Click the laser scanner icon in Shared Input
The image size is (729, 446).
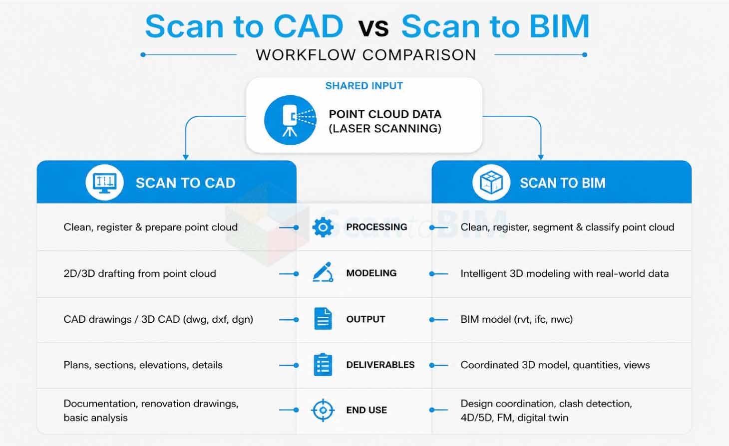(x=290, y=120)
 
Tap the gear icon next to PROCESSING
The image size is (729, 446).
(x=323, y=227)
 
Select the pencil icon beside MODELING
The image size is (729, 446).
(x=323, y=272)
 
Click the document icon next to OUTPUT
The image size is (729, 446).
(x=323, y=319)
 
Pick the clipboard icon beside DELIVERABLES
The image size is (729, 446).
(x=323, y=364)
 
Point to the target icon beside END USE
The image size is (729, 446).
(x=323, y=410)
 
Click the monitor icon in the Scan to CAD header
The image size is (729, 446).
(x=104, y=183)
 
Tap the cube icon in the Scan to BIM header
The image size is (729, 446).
(x=491, y=183)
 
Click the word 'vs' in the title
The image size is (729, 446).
(x=373, y=27)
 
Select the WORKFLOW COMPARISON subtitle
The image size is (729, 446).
(x=366, y=55)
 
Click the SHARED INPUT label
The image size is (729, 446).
(x=364, y=86)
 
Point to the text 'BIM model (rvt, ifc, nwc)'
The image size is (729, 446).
(x=517, y=320)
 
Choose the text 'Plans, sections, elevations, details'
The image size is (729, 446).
(x=143, y=365)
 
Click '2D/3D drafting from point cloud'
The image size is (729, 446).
(x=140, y=274)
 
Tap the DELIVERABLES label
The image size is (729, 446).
(x=380, y=365)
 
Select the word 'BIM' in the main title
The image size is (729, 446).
(x=559, y=26)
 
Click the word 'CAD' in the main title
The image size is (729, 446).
(x=309, y=26)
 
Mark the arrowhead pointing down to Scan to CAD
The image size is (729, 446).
(x=186, y=157)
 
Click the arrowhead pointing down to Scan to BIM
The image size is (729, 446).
(x=541, y=157)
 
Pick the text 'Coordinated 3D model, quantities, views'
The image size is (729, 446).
(x=555, y=365)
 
